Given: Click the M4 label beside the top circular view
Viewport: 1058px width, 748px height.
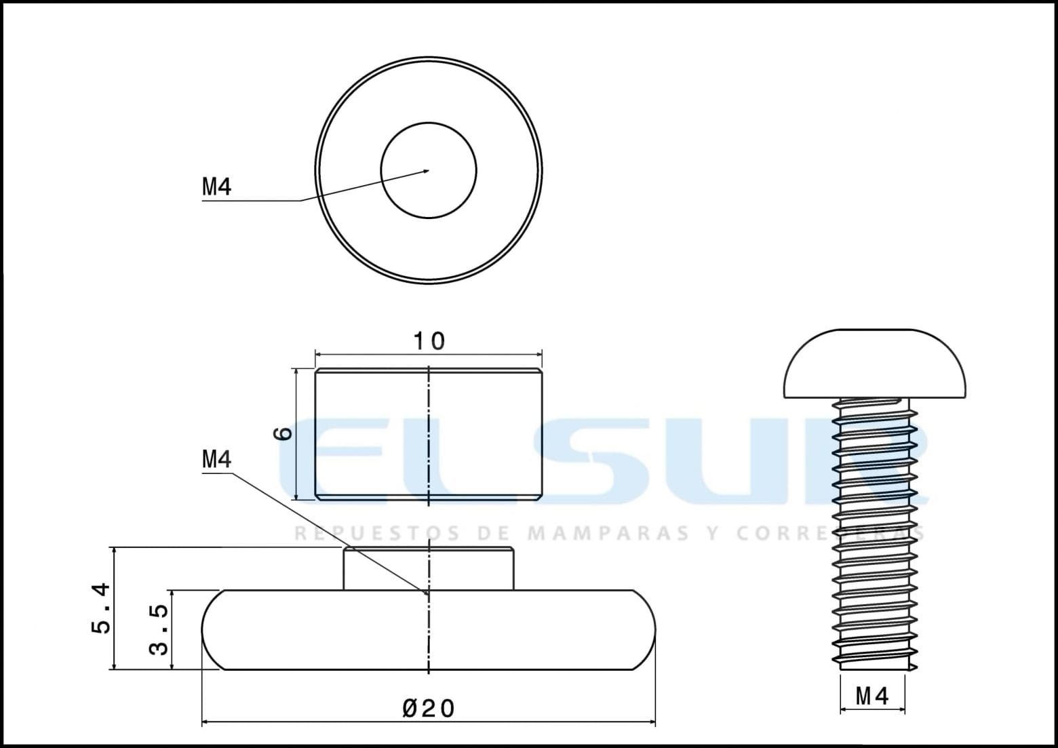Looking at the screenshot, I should pos(216,186).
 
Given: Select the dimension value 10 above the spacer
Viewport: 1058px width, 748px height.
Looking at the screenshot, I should pos(429,341).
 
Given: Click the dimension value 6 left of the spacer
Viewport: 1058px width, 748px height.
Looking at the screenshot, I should pos(285,433).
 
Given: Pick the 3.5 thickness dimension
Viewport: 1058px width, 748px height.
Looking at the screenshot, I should pos(158,629).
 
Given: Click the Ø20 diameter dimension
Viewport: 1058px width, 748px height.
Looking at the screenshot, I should pos(429,709).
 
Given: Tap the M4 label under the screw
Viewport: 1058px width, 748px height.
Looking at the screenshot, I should pos(872,696).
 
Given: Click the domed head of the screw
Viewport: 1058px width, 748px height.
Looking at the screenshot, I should pos(874,365).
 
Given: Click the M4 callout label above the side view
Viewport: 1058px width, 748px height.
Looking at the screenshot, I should pos(216,460).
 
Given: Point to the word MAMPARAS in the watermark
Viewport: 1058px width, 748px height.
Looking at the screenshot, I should pos(608,533).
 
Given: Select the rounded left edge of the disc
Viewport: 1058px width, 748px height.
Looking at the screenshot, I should pos(212,630).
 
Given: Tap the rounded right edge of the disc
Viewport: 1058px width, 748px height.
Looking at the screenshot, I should pos(647,630).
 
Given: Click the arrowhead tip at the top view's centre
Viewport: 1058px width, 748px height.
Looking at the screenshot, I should pos(428,170).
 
